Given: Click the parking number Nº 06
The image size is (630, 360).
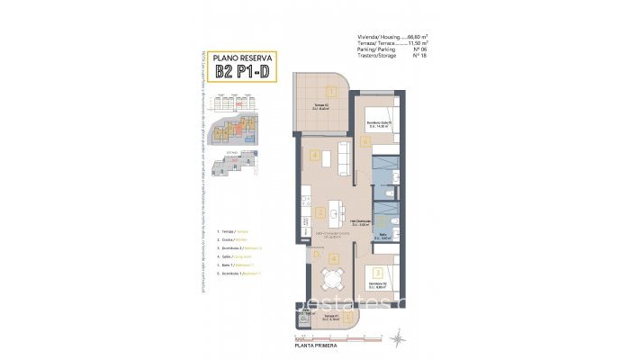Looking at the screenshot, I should pyautogui.click(x=418, y=49).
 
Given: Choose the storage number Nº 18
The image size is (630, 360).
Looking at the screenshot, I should pyautogui.click(x=418, y=56).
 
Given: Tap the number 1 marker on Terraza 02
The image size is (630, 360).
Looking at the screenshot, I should pyautogui.click(x=331, y=90).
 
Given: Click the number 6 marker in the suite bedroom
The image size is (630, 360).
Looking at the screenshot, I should pyautogui.click(x=365, y=140).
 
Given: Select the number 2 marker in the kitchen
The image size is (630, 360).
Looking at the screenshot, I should pyautogui.click(x=320, y=213).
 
